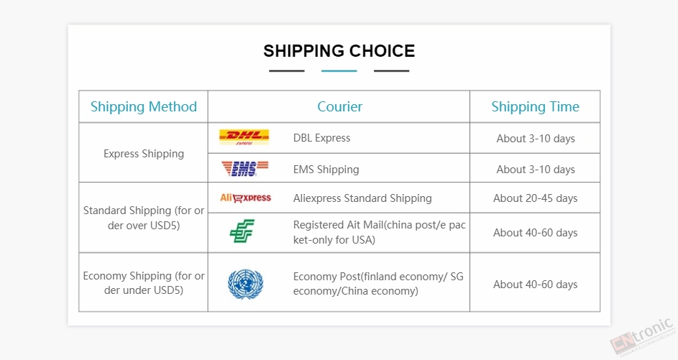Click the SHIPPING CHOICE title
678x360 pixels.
339,51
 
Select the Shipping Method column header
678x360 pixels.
144,106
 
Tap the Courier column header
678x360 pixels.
340,106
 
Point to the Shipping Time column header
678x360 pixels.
536,106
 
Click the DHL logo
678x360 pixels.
244,137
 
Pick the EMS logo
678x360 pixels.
244,168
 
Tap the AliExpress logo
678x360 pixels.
246,198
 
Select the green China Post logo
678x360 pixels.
242,231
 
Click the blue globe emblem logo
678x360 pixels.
245,284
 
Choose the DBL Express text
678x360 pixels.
321,138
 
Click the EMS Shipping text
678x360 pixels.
326,170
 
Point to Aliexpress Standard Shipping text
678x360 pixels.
362,198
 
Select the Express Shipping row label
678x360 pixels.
144,154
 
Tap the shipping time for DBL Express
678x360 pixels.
536,138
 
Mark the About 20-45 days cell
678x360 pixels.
536,198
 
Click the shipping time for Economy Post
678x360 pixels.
536,285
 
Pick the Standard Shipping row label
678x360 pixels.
144,218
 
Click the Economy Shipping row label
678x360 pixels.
144,282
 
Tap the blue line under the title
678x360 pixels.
339,71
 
